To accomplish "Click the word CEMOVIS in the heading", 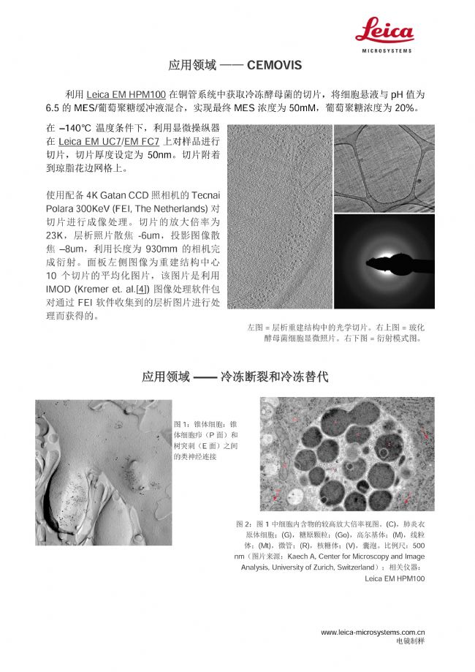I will pyautogui.click(x=274, y=65).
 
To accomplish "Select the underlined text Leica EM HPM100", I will pyautogui.click(x=126, y=95).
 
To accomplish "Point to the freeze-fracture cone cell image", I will pyautogui.click(x=103, y=472).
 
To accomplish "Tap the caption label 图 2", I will pyautogui.click(x=244, y=524).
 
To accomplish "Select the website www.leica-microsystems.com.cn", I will pyautogui.click(x=373, y=632).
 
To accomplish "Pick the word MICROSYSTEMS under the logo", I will pyautogui.click(x=387, y=50).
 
